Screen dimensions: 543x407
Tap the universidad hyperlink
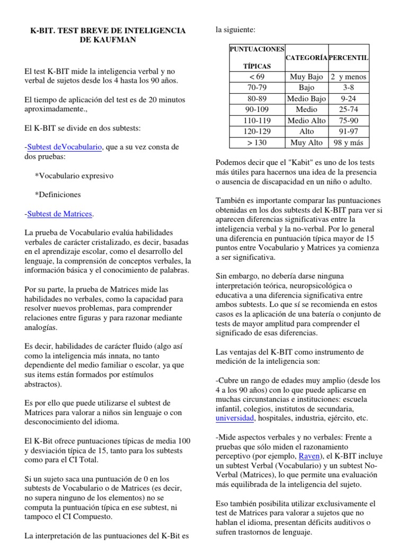click(x=235, y=418)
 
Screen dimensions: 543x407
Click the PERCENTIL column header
click(x=349, y=57)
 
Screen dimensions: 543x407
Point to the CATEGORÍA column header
click(x=306, y=57)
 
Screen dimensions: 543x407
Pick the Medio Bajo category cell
click(x=306, y=99)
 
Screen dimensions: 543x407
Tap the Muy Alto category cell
click(x=306, y=143)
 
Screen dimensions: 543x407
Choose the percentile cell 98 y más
click(x=349, y=143)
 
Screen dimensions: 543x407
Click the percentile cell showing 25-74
click(x=349, y=110)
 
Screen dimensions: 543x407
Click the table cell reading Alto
click(x=306, y=132)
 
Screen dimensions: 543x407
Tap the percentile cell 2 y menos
click(x=349, y=77)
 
